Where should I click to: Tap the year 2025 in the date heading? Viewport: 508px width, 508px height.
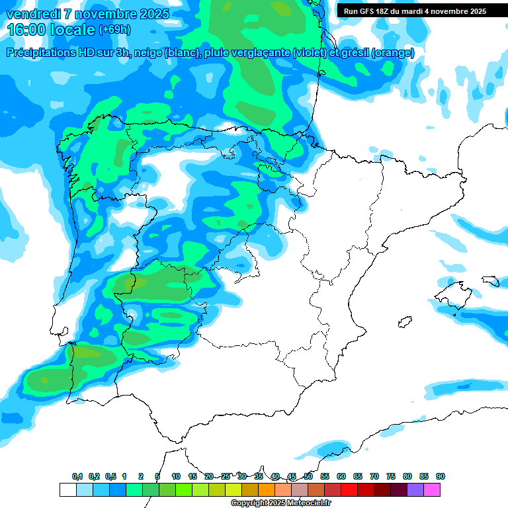tap(151, 14)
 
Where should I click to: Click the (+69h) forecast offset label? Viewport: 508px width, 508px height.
tap(114, 30)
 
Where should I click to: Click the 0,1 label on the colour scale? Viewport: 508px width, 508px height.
tap(77, 476)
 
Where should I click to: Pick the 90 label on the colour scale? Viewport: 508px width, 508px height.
tap(441, 476)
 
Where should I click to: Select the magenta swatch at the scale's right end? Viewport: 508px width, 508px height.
tap(433, 489)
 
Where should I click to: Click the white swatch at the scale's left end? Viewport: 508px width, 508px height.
tap(67, 489)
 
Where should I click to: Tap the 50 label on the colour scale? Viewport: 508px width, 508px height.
tap(308, 476)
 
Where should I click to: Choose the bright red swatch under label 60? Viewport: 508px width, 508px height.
tap(349, 489)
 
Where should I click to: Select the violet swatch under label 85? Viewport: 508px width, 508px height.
tap(415, 489)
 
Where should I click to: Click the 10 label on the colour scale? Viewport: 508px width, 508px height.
tap(176, 476)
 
